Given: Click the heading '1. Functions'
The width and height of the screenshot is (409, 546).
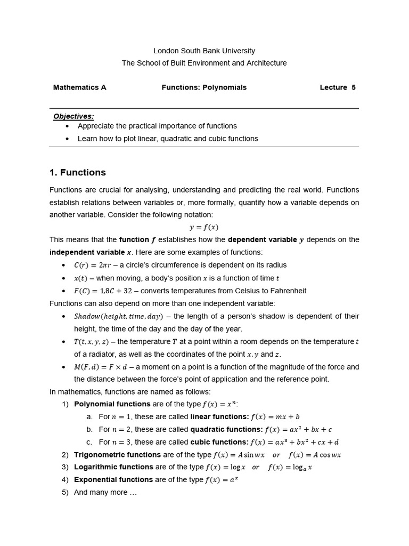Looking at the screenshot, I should (x=78, y=173).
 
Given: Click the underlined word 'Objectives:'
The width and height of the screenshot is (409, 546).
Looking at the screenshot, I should (x=73, y=116).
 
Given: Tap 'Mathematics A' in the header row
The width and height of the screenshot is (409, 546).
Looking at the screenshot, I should (x=80, y=87).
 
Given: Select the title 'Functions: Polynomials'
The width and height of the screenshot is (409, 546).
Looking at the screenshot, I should (x=204, y=87).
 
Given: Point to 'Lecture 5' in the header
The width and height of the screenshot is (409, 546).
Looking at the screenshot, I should (x=338, y=87).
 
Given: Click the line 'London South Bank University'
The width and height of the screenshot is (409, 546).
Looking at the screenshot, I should (x=204, y=51).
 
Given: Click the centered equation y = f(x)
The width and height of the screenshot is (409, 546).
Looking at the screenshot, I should (x=204, y=227).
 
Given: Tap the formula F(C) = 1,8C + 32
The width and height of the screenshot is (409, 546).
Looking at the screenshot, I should (x=108, y=291).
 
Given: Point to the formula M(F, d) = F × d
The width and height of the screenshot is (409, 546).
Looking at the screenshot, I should (x=103, y=367).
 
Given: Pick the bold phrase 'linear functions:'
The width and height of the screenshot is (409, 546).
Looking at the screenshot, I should (x=219, y=416).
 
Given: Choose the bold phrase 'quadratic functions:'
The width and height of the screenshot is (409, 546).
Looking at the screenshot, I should (x=226, y=429).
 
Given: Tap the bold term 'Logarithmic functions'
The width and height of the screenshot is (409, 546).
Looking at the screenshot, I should (x=113, y=467).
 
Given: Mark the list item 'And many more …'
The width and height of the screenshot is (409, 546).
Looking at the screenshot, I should (x=105, y=492).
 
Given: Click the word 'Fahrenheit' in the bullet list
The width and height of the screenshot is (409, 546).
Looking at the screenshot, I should (x=288, y=291).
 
